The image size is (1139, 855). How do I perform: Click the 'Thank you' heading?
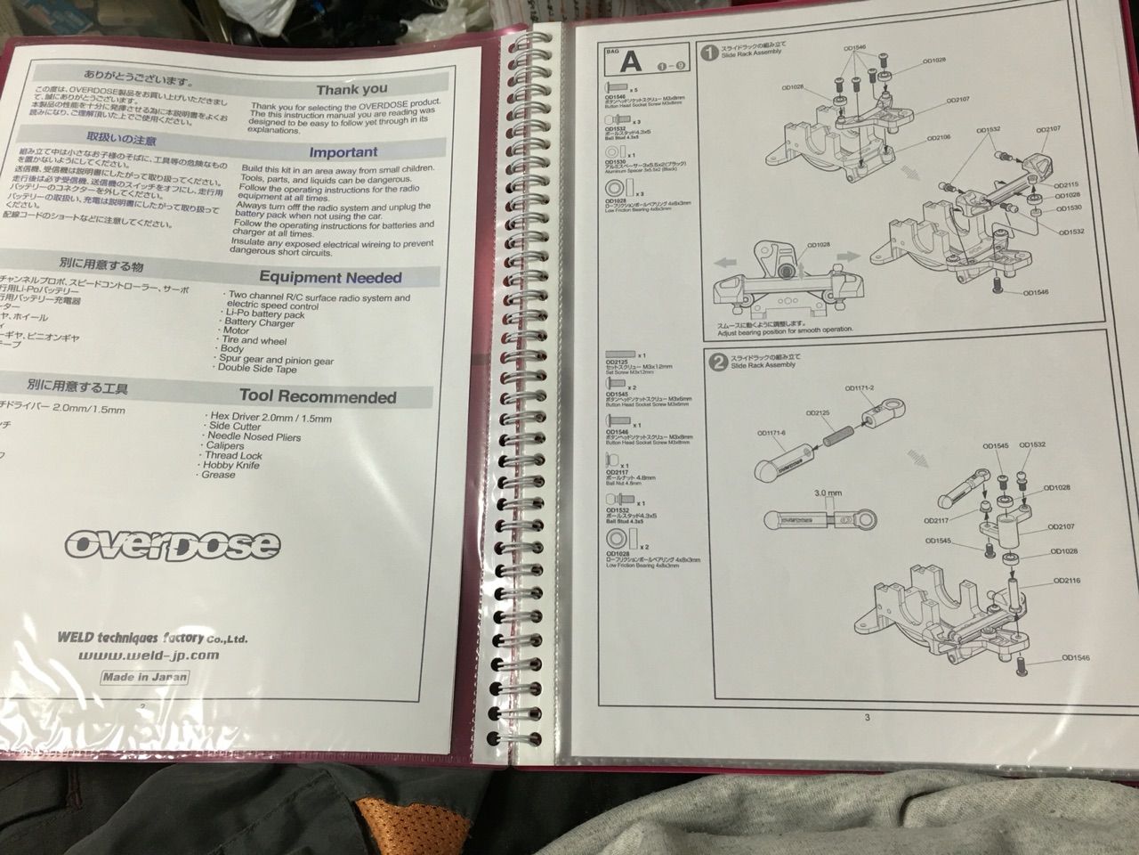(x=351, y=89)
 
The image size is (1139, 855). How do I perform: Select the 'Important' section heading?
(x=343, y=152)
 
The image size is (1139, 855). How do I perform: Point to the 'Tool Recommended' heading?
(x=317, y=397)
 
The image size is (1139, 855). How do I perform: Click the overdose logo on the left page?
(x=172, y=543)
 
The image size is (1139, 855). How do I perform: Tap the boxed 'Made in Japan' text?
(x=144, y=677)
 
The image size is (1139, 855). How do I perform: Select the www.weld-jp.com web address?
(x=148, y=656)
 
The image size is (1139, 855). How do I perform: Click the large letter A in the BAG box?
(x=630, y=63)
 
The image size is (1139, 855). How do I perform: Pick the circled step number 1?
(x=709, y=53)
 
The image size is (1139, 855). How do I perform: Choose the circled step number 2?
(x=714, y=361)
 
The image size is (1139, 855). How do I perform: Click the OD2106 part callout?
(x=938, y=138)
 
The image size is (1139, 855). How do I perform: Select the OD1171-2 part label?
(x=860, y=388)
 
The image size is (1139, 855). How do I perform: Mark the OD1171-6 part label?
(x=772, y=434)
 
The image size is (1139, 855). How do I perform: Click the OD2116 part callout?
(x=1067, y=580)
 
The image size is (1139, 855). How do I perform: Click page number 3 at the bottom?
(x=867, y=717)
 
